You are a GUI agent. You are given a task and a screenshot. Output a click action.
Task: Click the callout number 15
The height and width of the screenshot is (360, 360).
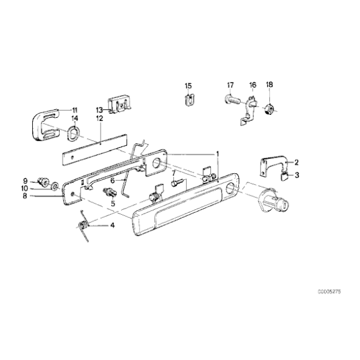pos(189,85)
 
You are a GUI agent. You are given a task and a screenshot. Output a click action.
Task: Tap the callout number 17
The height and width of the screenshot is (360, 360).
pos(230,85)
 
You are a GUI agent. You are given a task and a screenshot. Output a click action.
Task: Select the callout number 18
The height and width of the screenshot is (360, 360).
pos(269,85)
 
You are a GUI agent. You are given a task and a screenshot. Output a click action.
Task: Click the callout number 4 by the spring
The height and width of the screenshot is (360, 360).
pos(112,225)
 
